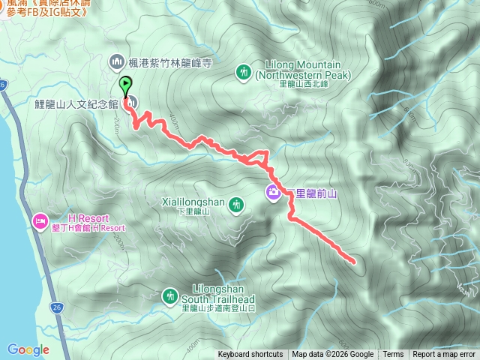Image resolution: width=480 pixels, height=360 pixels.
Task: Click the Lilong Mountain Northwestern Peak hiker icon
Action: [x=243, y=71]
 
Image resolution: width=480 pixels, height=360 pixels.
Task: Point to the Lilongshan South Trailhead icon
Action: [x=170, y=297]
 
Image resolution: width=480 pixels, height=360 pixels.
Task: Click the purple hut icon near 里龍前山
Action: [x=273, y=193]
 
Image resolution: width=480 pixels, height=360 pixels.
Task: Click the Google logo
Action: [x=28, y=349]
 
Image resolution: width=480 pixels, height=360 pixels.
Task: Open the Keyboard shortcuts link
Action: [x=250, y=355]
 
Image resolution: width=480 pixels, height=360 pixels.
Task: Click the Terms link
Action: [x=393, y=355]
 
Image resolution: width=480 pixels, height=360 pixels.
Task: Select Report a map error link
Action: [x=444, y=355]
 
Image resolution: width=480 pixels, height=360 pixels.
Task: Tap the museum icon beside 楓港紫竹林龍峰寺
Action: [x=116, y=61]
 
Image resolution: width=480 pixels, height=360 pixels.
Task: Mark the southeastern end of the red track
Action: [x=352, y=261]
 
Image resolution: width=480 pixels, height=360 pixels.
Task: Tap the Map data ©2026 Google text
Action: [x=333, y=355]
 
